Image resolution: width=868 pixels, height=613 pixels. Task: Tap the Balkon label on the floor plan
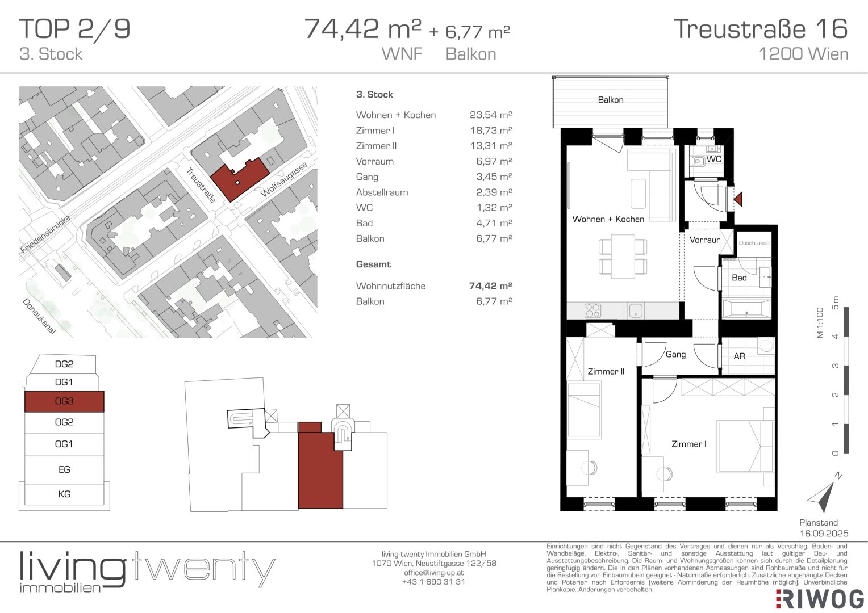611,100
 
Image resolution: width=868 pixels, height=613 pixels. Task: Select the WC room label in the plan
714,159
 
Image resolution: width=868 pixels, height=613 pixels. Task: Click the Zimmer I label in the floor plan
689,444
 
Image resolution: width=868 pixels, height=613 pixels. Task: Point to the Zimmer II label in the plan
606,371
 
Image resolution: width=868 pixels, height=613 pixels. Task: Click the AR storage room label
740,356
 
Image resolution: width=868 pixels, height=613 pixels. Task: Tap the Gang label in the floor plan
676,354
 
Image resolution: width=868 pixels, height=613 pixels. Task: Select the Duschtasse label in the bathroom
754,243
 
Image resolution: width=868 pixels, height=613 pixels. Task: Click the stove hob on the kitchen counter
592,310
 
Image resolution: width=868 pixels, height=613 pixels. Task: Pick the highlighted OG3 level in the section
64,401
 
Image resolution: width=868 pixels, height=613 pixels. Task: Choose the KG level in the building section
64,494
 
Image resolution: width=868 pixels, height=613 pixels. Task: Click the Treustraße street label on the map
201,186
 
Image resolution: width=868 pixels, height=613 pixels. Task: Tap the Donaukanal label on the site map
39,316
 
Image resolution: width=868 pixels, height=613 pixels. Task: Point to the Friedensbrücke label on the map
45,234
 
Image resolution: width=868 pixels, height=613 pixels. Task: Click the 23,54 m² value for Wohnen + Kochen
491,115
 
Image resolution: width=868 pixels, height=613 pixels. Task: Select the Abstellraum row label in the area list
382,192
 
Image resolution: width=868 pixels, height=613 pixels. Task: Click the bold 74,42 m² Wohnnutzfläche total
491,285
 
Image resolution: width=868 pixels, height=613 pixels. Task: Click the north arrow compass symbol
823,496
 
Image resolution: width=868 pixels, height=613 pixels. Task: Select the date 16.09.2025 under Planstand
824,534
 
